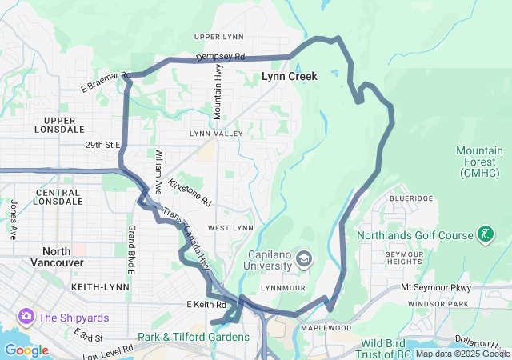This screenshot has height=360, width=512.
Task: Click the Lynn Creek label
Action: click(x=290, y=77)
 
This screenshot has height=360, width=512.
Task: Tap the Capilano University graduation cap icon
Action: click(x=304, y=258)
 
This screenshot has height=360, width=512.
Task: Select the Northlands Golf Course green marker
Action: click(x=483, y=234)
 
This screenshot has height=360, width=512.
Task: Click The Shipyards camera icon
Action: click(x=26, y=317)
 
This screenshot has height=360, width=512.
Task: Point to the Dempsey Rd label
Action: click(x=220, y=58)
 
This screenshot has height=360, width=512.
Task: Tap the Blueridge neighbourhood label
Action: click(x=411, y=198)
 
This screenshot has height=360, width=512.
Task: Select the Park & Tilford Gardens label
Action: click(x=193, y=338)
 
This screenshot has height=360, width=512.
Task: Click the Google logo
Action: click(x=26, y=350)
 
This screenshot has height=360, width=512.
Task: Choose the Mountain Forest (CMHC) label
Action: click(x=480, y=162)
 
